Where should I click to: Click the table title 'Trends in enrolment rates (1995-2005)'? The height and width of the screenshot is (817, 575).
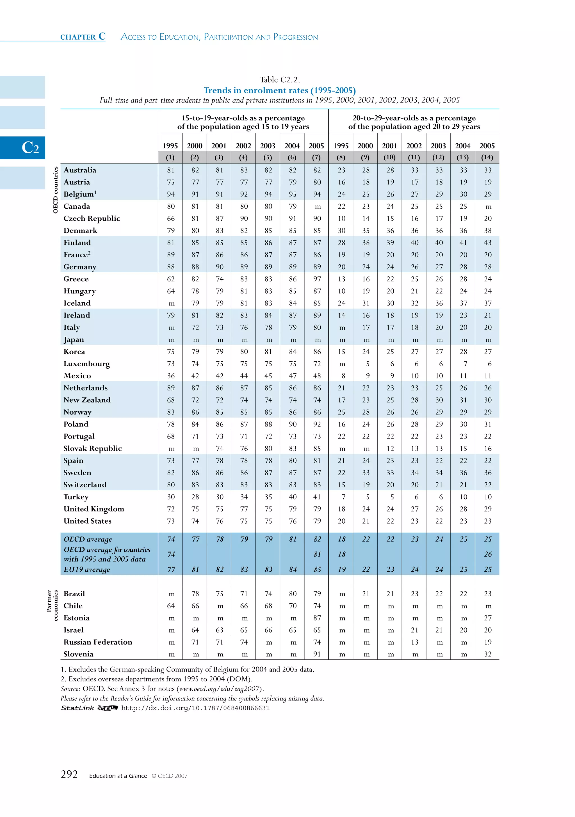pos(280,90)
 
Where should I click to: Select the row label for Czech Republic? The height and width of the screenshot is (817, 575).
pos(92,218)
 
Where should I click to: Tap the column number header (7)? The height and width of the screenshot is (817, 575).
pos(316,157)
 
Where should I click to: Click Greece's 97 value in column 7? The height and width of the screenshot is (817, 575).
pos(317,279)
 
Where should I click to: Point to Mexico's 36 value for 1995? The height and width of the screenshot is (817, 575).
pos(171,376)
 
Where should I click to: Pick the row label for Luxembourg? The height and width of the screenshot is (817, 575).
pos(86,364)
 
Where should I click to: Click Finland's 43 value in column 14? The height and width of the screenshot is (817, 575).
pos(487,243)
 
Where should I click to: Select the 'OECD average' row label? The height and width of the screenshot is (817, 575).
pos(88,539)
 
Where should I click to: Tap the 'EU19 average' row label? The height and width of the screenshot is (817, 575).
pos(86,569)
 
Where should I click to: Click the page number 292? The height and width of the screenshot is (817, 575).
pos(69,774)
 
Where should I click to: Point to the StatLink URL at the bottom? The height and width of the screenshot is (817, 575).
pos(195,708)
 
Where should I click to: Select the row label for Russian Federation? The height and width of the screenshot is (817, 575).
pos(98,642)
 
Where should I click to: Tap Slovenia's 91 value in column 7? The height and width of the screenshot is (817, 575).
pos(317,654)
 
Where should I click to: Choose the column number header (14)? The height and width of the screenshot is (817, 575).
pos(487,157)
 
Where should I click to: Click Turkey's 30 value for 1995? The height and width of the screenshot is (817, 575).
pos(171,497)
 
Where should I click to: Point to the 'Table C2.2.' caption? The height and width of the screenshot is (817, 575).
pos(280,80)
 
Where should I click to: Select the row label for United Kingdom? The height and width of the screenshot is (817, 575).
pos(93,509)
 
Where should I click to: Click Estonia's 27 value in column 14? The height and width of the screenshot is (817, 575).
pos(487,618)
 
